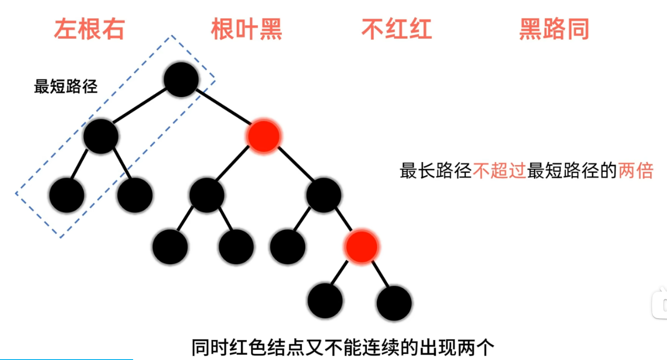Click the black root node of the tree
click(181, 79)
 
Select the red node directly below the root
click(264, 136)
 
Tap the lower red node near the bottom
click(361, 247)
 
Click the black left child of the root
click(101, 136)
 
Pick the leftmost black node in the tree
click(67, 195)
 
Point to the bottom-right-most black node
click(394, 303)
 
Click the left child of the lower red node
click(325, 301)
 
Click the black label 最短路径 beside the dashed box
click(66, 86)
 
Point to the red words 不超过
click(500, 170)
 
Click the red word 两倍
click(635, 170)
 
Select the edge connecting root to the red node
click(224, 108)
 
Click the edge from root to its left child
click(140, 106)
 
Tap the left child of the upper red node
click(207, 195)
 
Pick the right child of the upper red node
click(323, 195)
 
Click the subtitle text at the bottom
click(343, 348)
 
